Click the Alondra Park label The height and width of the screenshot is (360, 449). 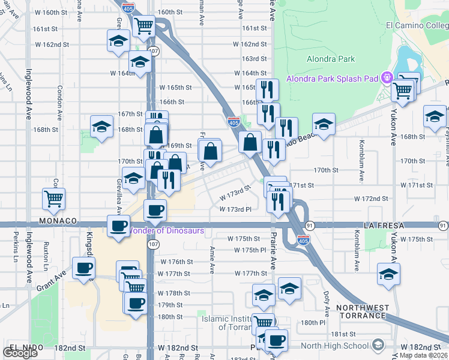point(331,59)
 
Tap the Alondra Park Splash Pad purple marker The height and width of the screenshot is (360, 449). point(388,78)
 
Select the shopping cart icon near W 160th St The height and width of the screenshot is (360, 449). point(144,26)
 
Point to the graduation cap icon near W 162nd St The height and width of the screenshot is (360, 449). point(118,41)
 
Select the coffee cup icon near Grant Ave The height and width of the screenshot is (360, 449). point(83,268)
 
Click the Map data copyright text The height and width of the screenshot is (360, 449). point(423,355)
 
